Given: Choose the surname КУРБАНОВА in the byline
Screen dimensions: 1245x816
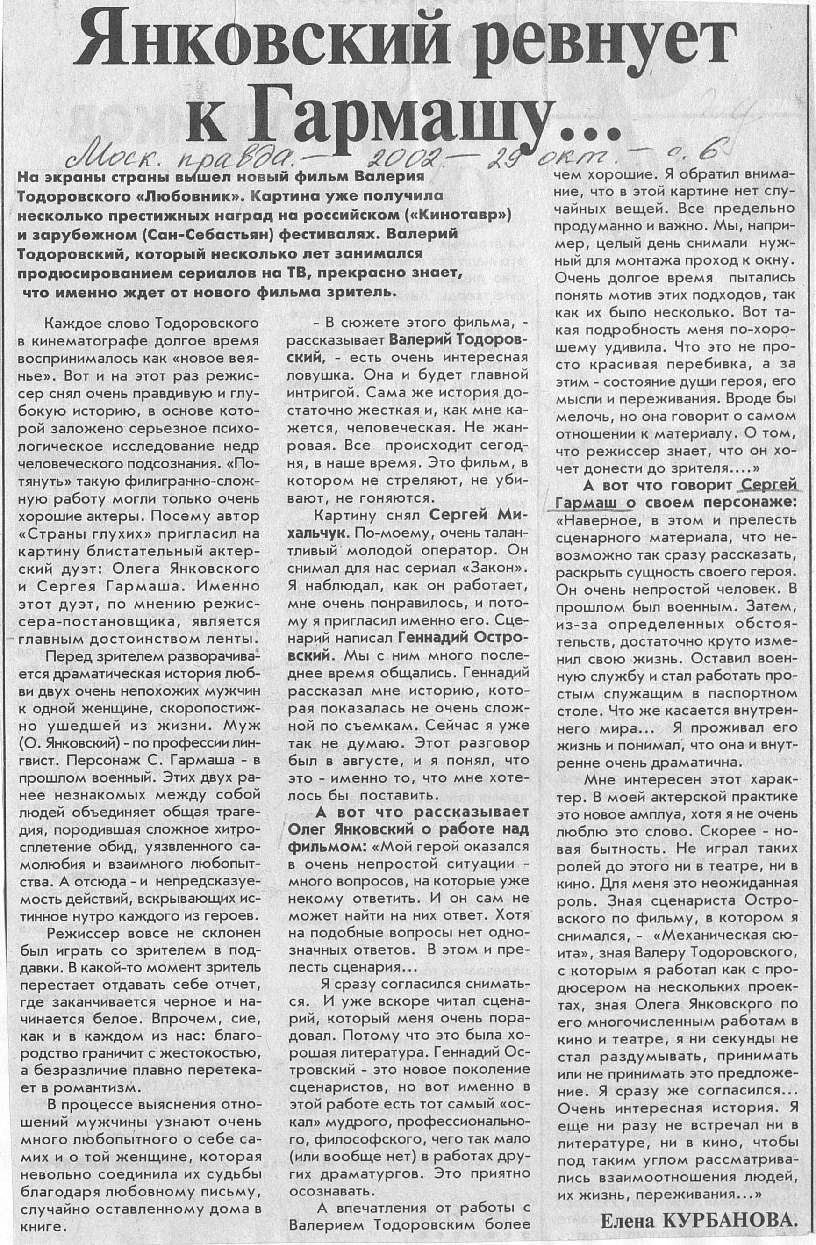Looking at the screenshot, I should [730, 1217].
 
